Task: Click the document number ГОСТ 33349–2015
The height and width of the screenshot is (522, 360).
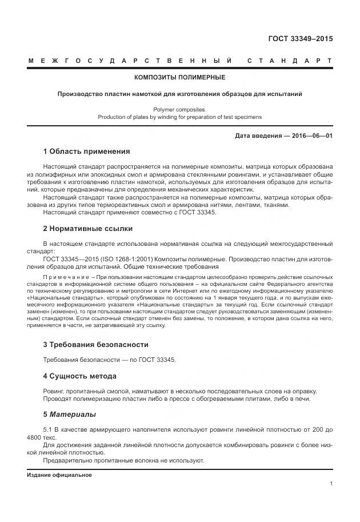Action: coord(301,39)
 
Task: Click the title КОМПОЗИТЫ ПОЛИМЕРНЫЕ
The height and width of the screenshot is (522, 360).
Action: coord(179,77)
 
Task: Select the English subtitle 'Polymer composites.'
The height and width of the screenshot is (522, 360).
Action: coord(179,109)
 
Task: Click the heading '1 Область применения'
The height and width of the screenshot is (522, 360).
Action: coord(86,152)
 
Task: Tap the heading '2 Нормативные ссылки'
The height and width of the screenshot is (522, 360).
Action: coord(88,229)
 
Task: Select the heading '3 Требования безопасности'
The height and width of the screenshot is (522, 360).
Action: coord(96,345)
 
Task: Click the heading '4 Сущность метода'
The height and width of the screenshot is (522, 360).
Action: coord(80,376)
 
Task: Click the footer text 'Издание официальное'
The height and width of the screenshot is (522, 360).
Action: coord(59,475)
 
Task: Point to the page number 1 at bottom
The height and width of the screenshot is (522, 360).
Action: coord(331,484)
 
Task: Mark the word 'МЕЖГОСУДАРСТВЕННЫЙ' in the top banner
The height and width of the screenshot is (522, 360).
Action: coord(130,60)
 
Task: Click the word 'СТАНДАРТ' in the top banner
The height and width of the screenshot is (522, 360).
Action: coord(290,60)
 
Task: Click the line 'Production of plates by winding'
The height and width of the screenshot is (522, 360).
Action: coord(179,116)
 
